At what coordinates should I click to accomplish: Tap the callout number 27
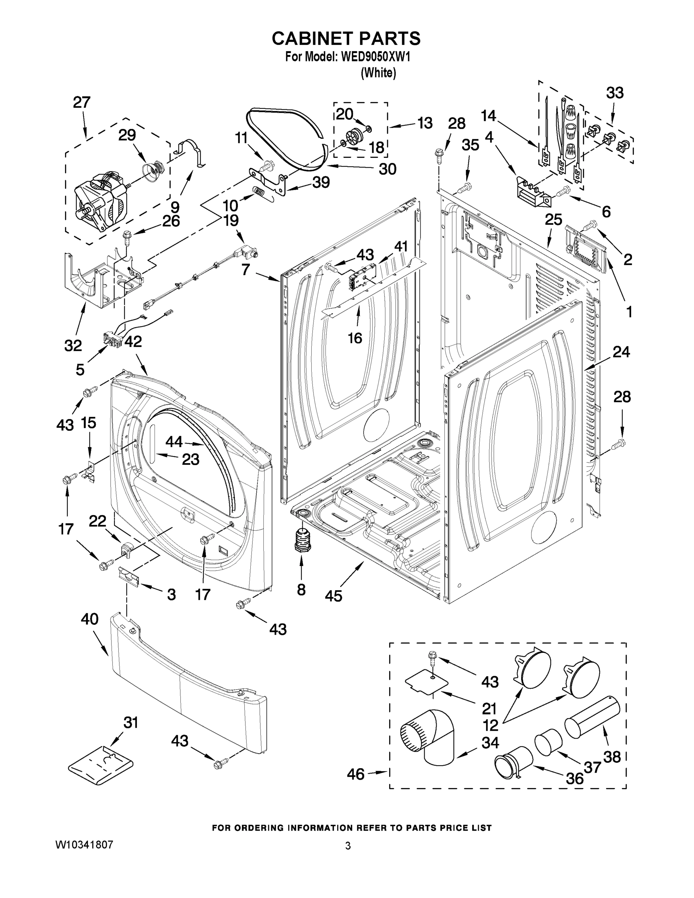[x=82, y=103]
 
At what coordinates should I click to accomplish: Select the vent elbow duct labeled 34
[x=429, y=738]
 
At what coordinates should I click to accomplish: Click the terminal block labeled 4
[x=532, y=191]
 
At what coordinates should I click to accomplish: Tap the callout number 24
[x=621, y=352]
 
